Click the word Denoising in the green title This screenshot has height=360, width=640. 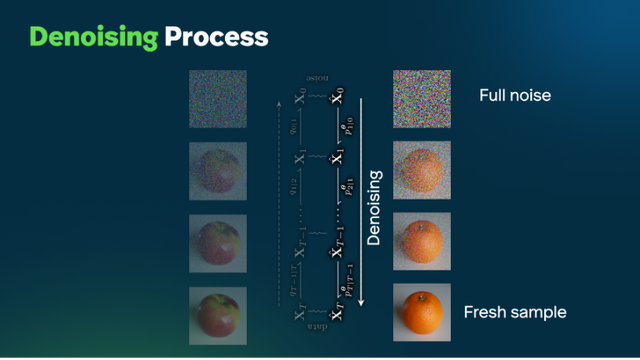(94, 37)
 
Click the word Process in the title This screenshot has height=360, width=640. (217, 37)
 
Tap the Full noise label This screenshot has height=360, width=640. (516, 97)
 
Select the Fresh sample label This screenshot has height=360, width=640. (515, 313)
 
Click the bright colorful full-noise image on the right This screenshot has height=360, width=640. (421, 98)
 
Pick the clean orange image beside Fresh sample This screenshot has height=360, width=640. (421, 314)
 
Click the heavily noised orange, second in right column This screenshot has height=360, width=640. (421, 170)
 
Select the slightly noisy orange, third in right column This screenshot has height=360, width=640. (421, 242)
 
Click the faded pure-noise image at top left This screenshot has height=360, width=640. (218, 98)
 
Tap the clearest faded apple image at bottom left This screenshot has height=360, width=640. (218, 315)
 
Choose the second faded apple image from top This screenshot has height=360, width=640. (218, 171)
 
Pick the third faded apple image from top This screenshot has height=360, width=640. (218, 243)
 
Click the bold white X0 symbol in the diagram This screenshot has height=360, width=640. (337, 101)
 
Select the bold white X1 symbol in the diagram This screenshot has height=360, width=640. (337, 157)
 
